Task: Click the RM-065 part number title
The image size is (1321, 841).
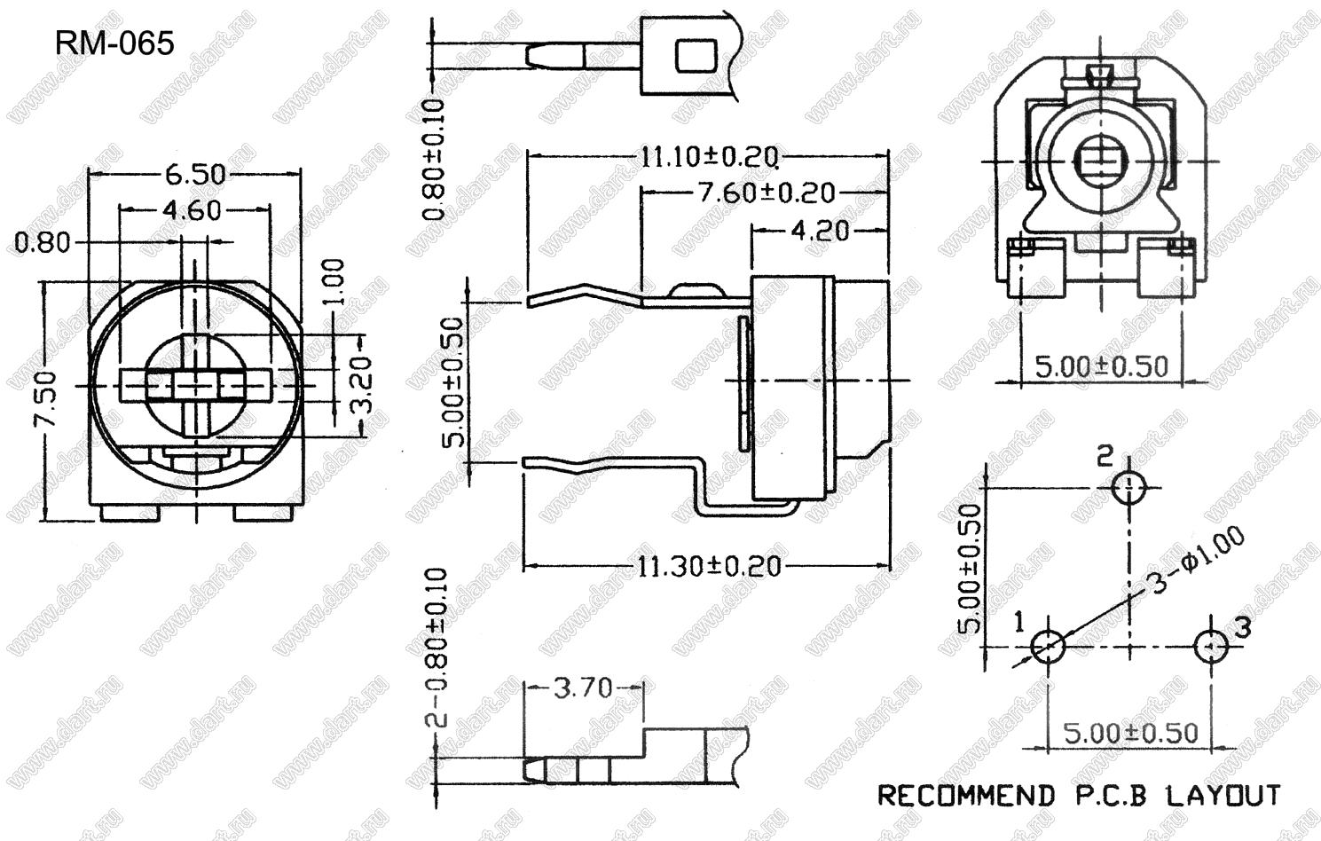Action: click(114, 43)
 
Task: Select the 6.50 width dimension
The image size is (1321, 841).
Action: click(195, 174)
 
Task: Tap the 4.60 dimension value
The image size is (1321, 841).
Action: click(192, 210)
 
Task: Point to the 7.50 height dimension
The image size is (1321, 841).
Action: click(46, 398)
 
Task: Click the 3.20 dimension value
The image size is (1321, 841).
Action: click(364, 385)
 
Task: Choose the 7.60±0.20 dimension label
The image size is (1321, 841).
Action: click(767, 193)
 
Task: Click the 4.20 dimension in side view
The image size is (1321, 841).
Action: click(821, 231)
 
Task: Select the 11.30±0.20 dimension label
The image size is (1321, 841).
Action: click(709, 567)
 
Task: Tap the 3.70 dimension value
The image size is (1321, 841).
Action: click(583, 688)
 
